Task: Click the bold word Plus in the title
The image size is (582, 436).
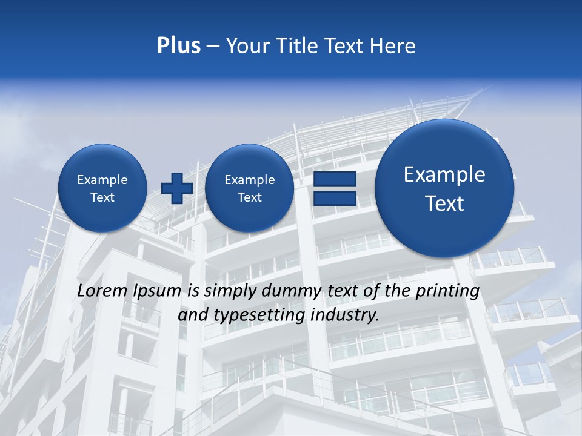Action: point(178,46)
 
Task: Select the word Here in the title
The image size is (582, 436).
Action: point(394,46)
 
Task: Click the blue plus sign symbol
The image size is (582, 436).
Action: point(177,188)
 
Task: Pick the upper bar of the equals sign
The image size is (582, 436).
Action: point(335,179)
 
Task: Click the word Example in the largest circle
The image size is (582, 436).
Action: point(444,174)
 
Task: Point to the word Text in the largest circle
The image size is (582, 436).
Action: point(444,203)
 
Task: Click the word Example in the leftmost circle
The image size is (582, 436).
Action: point(102,180)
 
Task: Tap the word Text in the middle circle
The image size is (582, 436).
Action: point(249,197)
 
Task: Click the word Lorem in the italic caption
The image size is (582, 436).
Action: point(102,291)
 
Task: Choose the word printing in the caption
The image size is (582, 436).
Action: point(447,291)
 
